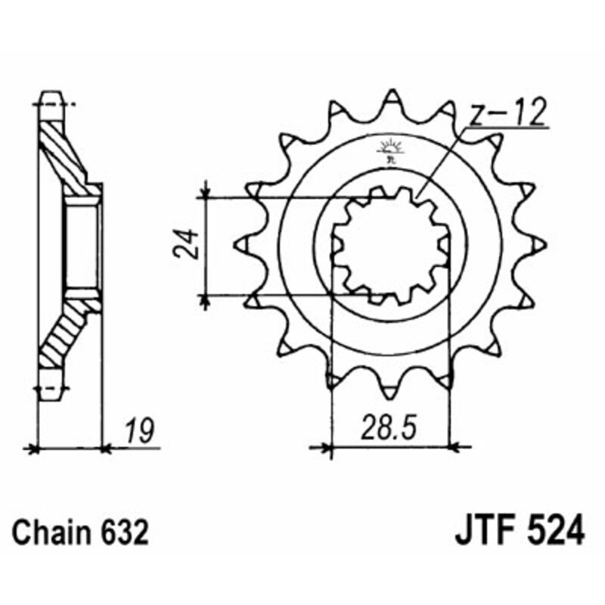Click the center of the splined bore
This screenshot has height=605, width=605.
[x=391, y=246]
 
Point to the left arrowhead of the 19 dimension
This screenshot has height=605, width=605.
[x=32, y=448]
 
